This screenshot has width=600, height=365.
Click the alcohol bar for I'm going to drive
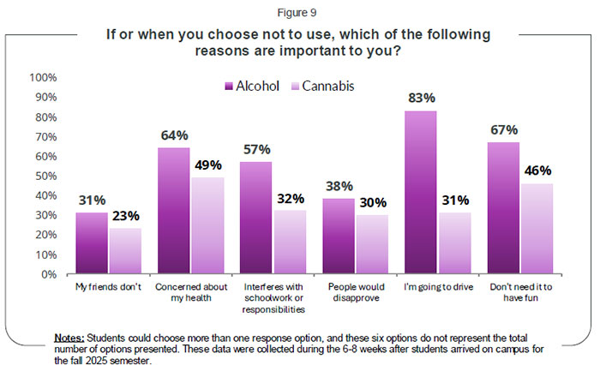[x=420, y=193]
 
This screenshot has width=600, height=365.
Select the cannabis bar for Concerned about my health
[x=207, y=225]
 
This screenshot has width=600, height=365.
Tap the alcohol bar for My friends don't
[x=93, y=243]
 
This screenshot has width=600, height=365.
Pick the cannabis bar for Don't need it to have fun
[x=537, y=229]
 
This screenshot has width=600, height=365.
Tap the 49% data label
[x=208, y=165]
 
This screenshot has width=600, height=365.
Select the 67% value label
[x=504, y=130]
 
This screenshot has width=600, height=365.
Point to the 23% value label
[x=125, y=216]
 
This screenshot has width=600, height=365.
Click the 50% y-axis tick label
[x=46, y=176]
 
